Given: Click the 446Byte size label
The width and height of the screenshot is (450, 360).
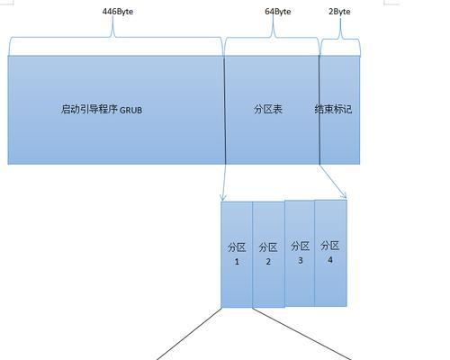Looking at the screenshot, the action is point(118,12).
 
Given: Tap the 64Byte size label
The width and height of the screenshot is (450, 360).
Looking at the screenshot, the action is point(278,12).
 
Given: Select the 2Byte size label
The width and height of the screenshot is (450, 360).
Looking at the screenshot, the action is point(339,12).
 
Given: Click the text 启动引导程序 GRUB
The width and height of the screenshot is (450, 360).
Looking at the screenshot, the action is point(102,109).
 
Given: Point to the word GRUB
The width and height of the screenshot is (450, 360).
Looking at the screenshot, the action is point(130,110).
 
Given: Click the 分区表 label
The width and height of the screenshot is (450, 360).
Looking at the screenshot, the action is point(268,109).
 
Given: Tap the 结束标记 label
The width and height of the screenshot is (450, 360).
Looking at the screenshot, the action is point(333,109).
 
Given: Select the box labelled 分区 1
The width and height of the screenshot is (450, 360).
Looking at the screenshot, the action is point(237,255).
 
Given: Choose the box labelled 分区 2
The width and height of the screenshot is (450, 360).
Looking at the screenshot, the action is point(268,255).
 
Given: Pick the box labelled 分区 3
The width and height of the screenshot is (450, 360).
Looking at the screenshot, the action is point(300,253).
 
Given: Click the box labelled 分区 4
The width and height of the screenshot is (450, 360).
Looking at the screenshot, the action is point(330,253).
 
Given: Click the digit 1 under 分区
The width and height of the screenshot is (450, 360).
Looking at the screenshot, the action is point(237,262).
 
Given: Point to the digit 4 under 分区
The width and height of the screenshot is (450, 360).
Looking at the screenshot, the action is point(330,260).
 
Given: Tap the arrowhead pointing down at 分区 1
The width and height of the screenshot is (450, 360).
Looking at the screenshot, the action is point(222,198).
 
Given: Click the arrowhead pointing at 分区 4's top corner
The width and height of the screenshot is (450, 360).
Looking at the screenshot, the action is point(345,196).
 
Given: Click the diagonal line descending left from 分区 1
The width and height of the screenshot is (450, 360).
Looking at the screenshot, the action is point(189,334).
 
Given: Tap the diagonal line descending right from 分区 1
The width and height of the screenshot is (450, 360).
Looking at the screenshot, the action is point(301,334).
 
